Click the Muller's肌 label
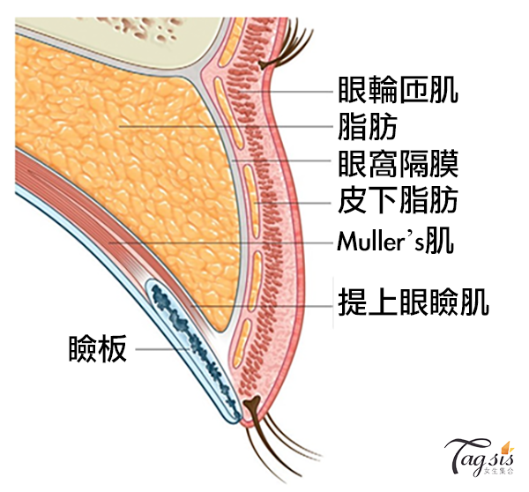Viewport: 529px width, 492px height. pos(396,242)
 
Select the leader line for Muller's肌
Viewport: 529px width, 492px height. pos(220,242)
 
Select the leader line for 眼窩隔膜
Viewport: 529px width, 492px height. pos(282,163)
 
